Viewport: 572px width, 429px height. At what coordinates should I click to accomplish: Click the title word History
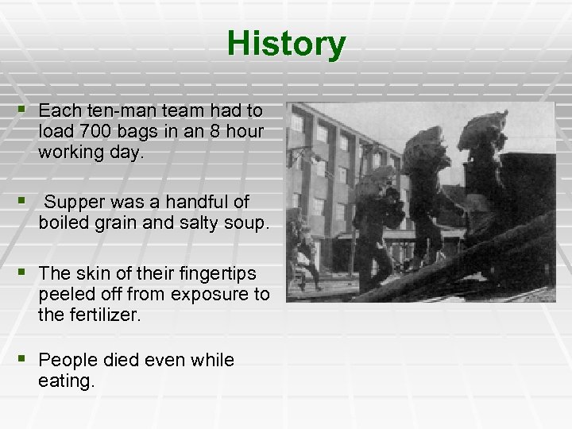coord(286,44)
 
